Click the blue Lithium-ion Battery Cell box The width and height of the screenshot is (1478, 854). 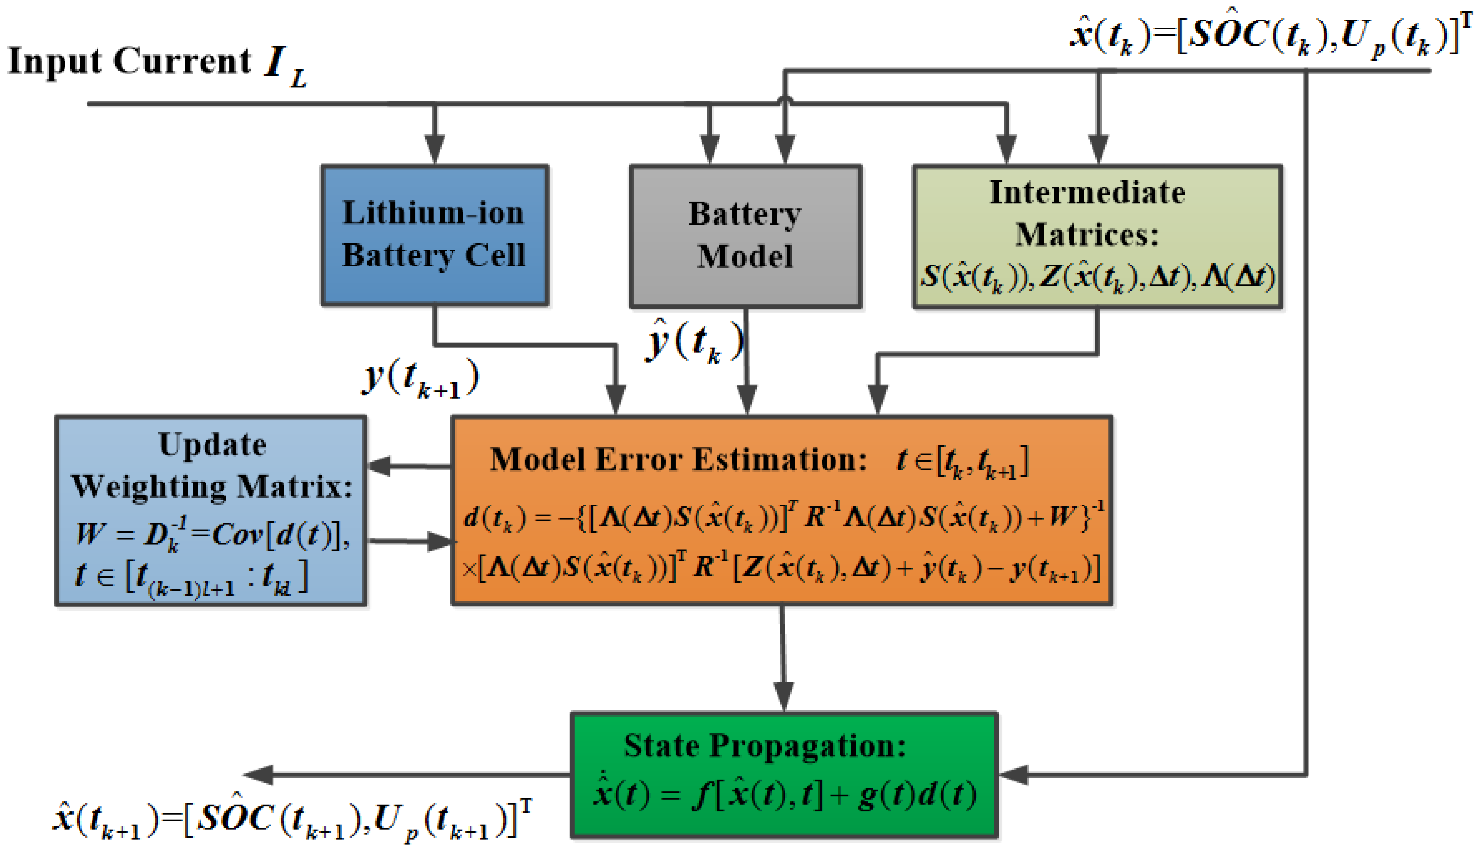435,235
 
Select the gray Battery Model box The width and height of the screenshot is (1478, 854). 745,236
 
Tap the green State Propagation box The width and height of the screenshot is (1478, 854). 784,775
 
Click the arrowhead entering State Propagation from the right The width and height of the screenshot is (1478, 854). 1013,775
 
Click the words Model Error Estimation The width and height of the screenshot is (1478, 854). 679,459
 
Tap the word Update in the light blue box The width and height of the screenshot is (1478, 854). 212,444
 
